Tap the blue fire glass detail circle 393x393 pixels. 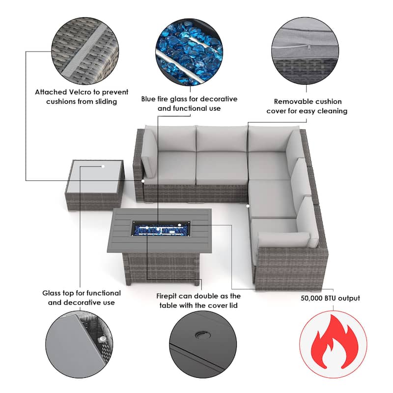coord(189,52)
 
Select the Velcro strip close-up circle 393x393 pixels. coord(85,51)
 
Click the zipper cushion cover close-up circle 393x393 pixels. coord(305,51)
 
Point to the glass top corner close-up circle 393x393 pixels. coord(79,344)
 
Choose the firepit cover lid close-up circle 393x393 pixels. coord(203,344)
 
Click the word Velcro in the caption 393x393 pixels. coord(80,92)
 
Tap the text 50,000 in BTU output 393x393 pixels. coord(311,298)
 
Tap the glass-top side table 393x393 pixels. coord(95,185)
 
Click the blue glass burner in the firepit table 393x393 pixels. coord(161,229)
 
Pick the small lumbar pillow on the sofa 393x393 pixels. coord(284,240)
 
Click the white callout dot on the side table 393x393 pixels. coord(103,166)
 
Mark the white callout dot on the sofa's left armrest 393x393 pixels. coord(143,181)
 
